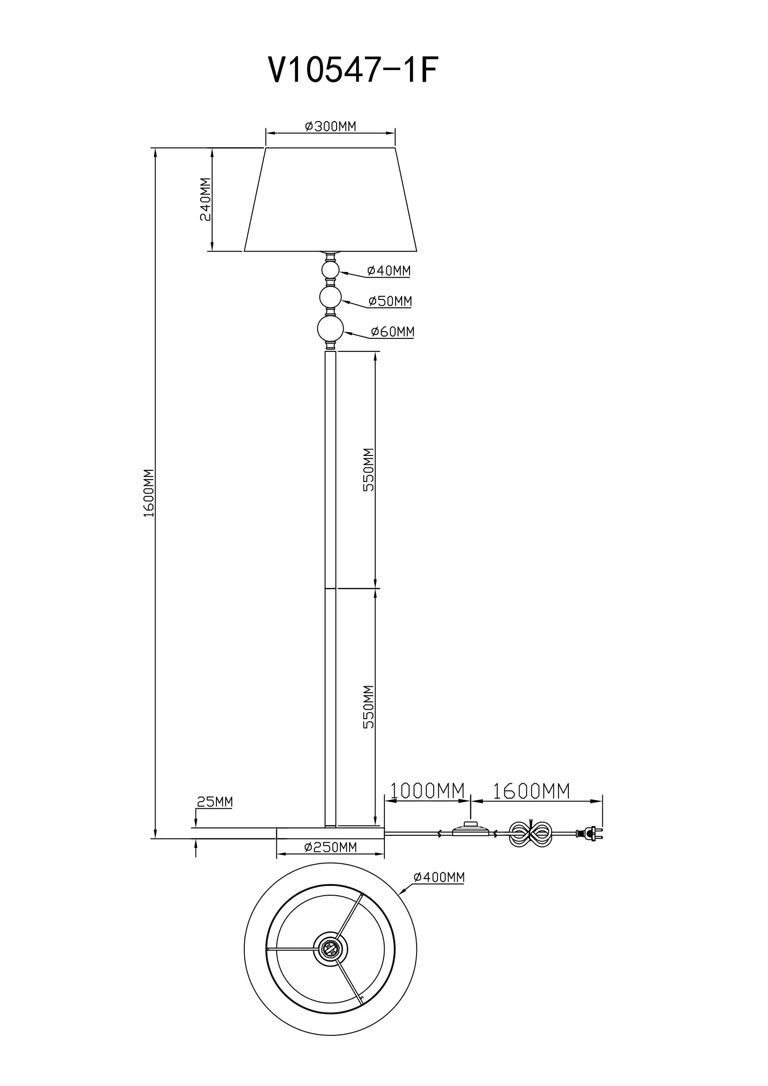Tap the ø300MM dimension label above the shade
330,126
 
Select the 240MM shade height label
206,199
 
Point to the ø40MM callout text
389,271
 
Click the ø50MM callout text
390,301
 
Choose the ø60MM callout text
392,332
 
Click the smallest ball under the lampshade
330,271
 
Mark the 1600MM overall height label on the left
149,493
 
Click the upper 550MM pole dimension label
368,470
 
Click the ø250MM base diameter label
331,847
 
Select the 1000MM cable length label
427,790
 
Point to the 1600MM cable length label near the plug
531,791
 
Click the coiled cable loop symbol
531,833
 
